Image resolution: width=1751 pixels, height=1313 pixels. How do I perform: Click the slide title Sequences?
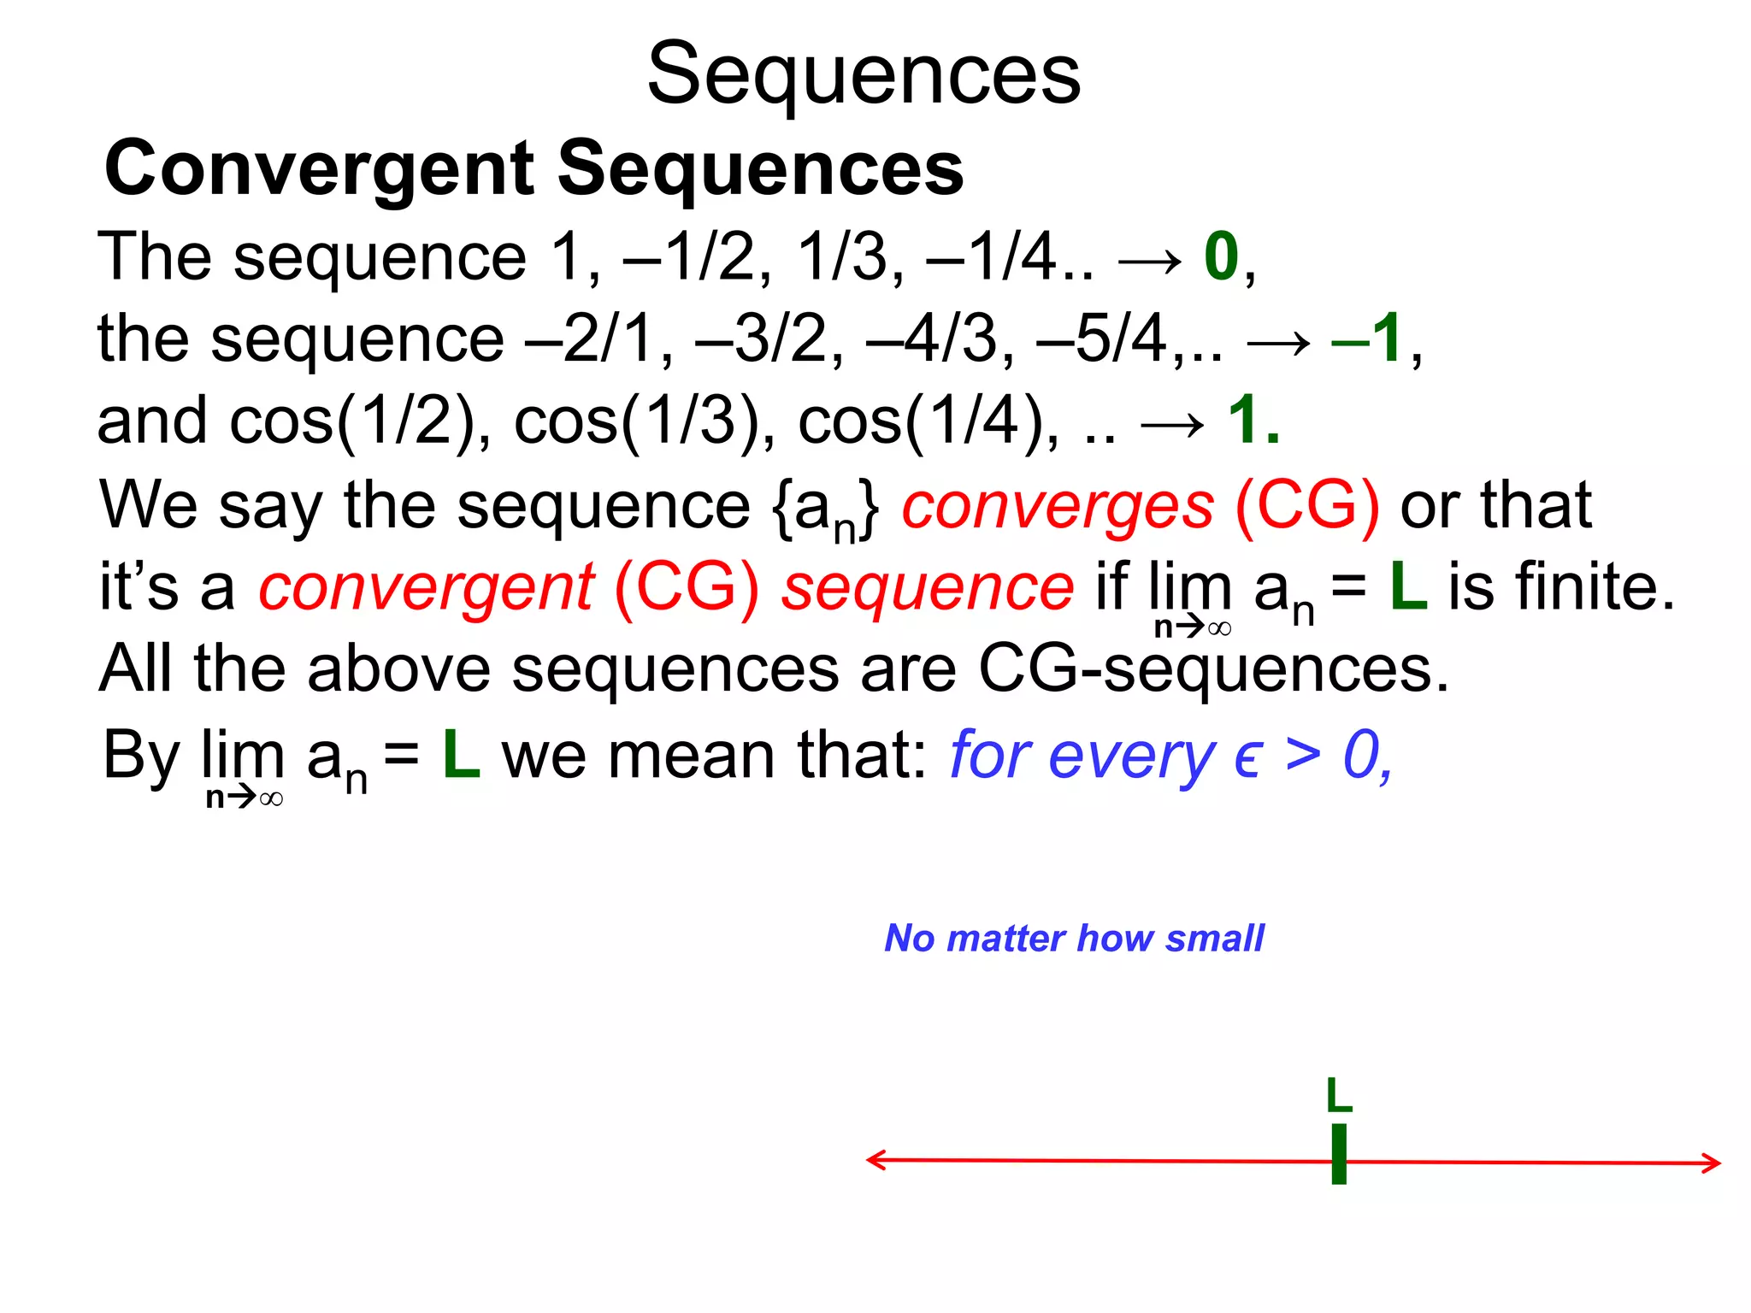[x=864, y=75]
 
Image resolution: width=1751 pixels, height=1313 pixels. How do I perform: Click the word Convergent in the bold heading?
[x=319, y=168]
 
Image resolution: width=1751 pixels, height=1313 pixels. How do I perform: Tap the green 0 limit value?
[x=1221, y=256]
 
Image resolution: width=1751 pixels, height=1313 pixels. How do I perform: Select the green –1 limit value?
[x=1366, y=339]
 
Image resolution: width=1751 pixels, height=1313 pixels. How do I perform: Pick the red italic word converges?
[x=1058, y=505]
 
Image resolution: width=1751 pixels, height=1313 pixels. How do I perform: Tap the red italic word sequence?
[x=928, y=588]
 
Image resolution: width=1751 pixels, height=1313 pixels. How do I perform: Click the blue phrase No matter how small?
[x=1074, y=939]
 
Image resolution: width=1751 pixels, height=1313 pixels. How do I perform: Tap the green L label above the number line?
[x=1339, y=1096]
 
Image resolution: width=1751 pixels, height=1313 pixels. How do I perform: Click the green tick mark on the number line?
[x=1339, y=1154]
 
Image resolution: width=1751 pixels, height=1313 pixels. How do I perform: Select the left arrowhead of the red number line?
[x=874, y=1160]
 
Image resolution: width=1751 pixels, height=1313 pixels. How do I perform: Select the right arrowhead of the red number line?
[x=1712, y=1163]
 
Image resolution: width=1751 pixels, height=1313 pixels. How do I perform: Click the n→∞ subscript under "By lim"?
[x=245, y=798]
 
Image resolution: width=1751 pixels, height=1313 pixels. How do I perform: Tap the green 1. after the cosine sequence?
[x=1253, y=421]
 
